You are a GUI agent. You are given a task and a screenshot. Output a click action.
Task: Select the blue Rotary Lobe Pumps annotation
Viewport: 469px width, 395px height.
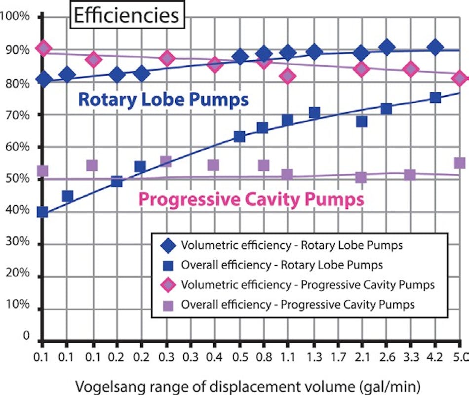point(163,100)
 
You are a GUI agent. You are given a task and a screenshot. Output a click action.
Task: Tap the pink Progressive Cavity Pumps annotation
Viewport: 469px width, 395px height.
point(251,200)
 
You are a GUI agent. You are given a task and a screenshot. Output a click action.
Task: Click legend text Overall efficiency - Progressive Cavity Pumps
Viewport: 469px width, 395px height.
point(298,305)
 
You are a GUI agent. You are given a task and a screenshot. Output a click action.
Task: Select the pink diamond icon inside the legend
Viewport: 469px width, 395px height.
point(169,285)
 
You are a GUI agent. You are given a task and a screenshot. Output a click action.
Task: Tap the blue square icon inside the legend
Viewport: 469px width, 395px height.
point(169,265)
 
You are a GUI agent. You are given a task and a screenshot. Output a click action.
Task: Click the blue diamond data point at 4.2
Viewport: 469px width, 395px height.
point(435,48)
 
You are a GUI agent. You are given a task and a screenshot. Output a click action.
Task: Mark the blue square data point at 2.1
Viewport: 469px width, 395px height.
point(362,121)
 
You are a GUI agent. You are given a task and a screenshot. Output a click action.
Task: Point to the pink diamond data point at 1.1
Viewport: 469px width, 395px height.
point(288,76)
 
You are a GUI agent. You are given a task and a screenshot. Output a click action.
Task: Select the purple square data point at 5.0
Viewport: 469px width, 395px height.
point(459,163)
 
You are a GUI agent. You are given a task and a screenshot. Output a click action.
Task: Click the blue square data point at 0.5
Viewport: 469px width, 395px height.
point(239,137)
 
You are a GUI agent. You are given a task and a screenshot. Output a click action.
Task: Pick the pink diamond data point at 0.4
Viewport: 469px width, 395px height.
point(214,64)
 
